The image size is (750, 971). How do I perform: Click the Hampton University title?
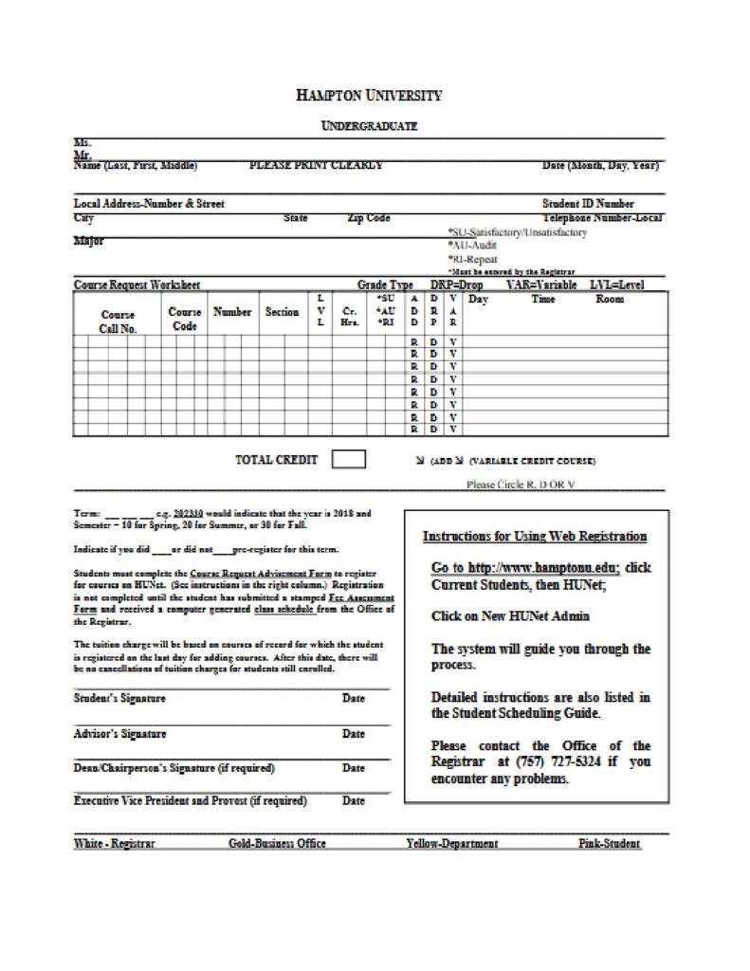368,96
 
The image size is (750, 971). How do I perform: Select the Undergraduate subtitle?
369,126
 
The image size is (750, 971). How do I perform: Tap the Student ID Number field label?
588,203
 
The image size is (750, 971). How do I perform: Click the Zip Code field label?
369,218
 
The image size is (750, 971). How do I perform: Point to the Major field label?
89,241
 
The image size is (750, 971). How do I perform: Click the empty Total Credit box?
349,460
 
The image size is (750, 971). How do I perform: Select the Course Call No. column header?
119,321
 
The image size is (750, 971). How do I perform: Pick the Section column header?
282,312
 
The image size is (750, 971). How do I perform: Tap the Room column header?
610,300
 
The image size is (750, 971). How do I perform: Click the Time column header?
543,300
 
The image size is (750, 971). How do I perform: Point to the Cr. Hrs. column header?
349,316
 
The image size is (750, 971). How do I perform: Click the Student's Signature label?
119,699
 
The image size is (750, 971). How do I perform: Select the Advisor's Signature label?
119,733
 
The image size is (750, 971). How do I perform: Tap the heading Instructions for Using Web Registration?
535,537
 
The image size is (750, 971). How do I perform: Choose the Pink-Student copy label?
609,843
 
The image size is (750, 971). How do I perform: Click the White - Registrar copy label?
115,843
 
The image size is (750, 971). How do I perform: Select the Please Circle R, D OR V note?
521,484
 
